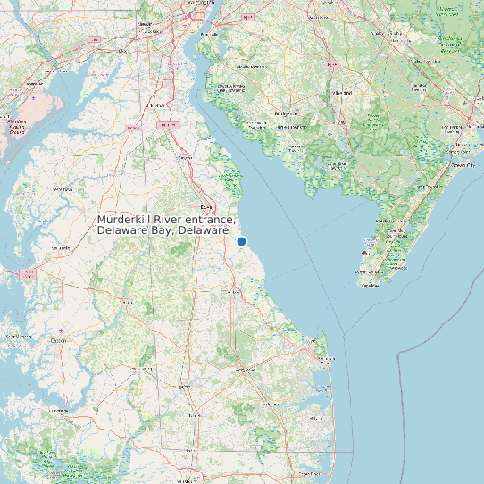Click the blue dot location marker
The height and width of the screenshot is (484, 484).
pyautogui.click(x=241, y=241)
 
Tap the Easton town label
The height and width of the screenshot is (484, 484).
pyautogui.click(x=58, y=340)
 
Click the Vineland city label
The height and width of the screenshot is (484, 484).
pyautogui.click(x=342, y=92)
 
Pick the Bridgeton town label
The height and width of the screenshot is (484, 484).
pyautogui.click(x=288, y=114)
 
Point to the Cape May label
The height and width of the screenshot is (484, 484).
pyautogui.click(x=369, y=284)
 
